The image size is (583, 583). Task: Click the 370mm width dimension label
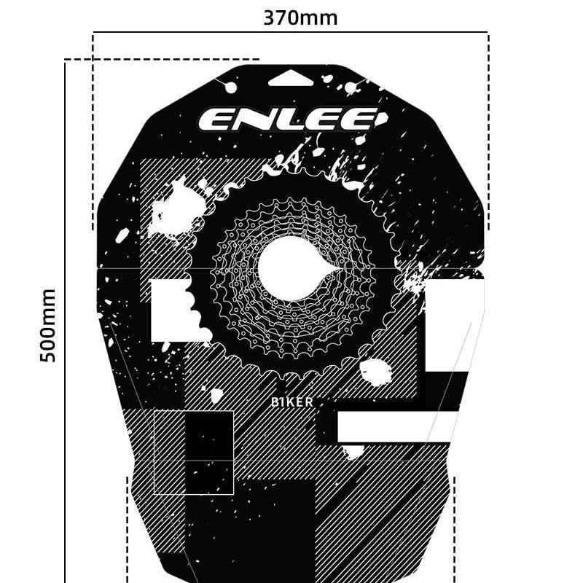tap(300, 17)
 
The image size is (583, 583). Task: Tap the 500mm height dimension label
tap(48, 326)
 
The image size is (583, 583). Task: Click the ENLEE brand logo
tap(290, 119)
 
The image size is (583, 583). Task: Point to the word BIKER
tap(292, 402)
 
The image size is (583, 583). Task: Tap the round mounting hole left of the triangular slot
tap(230, 87)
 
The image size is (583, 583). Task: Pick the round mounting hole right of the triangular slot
tap(351, 88)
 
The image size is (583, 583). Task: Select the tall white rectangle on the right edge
tap(453, 325)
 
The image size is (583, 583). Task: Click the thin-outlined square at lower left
tap(193, 452)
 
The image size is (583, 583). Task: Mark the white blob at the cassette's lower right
tap(376, 372)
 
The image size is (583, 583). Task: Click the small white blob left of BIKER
tap(216, 396)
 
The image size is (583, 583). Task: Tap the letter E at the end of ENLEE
tap(365, 119)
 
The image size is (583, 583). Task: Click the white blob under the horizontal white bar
tap(354, 452)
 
